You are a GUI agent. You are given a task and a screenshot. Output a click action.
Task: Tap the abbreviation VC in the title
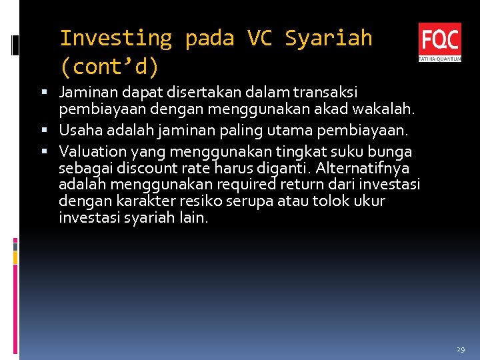coord(259,38)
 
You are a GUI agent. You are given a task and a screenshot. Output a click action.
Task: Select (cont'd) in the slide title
coord(109,67)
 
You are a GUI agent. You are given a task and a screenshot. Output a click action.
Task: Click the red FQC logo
coord(439,41)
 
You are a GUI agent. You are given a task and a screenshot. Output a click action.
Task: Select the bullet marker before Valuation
coord(51,152)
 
